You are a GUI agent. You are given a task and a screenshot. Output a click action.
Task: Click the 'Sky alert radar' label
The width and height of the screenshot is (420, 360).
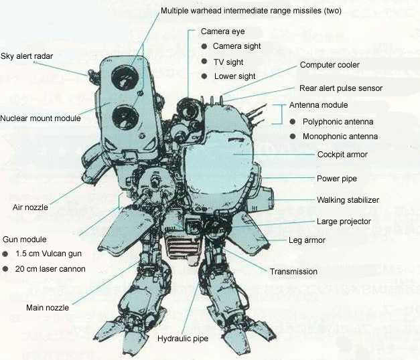(x=27, y=56)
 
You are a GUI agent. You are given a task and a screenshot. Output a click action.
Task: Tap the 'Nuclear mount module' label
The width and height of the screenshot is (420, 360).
(x=40, y=118)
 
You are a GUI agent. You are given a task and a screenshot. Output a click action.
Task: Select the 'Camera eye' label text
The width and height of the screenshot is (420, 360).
(x=222, y=31)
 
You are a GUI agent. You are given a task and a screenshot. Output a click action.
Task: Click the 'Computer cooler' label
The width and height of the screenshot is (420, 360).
(x=330, y=65)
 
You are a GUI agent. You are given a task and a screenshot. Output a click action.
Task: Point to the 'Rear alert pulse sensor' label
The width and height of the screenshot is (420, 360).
(x=341, y=88)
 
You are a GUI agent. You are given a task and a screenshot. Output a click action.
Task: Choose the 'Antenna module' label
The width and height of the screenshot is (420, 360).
(x=318, y=105)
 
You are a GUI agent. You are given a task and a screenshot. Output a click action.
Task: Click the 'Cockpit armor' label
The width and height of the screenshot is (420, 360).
(x=342, y=154)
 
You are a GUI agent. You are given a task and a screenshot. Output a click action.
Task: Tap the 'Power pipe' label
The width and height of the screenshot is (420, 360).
(x=336, y=179)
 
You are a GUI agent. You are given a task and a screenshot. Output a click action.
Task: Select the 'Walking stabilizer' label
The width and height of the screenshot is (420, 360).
(x=348, y=199)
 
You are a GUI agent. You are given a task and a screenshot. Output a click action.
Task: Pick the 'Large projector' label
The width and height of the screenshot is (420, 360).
(x=344, y=221)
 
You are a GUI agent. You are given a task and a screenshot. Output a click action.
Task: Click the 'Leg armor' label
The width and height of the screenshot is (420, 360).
(x=308, y=239)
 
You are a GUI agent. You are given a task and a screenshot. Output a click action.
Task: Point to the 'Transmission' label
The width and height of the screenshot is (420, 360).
(x=293, y=272)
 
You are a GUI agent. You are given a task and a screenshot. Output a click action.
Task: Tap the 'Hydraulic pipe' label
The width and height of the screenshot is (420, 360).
(x=183, y=339)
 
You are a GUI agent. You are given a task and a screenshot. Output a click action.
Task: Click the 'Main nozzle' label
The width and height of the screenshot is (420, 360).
(x=48, y=308)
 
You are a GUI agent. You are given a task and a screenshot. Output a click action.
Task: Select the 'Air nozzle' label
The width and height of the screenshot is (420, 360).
(x=31, y=207)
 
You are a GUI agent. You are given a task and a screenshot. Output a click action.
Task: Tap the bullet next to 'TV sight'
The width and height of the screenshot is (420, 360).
(x=204, y=62)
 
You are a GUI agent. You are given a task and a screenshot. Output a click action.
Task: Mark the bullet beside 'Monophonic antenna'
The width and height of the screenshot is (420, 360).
(x=293, y=137)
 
